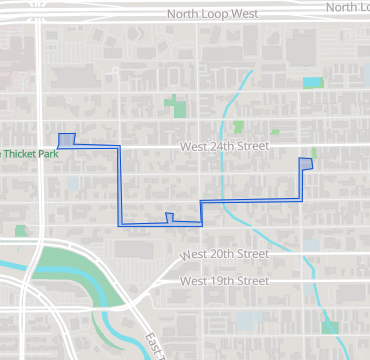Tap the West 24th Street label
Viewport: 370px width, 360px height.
(225, 146)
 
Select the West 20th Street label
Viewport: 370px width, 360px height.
(225, 255)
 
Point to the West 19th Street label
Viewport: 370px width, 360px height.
(225, 281)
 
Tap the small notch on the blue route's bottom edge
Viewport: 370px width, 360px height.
(169, 217)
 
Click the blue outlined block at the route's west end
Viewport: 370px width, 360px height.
(67, 140)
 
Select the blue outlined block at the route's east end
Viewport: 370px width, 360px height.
(306, 164)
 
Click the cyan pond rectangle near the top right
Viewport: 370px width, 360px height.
(313, 83)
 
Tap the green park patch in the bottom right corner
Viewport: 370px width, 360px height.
(331, 327)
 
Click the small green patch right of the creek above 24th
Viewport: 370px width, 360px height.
(238, 127)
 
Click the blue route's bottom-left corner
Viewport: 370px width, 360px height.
(121, 224)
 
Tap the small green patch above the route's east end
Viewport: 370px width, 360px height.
(313, 152)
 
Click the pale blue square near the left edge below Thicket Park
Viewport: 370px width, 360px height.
(73, 184)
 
